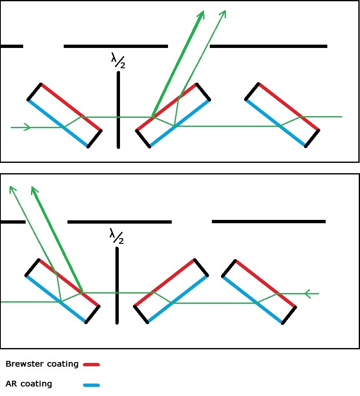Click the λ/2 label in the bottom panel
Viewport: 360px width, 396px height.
click(x=116, y=236)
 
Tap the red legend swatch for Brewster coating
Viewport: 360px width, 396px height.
click(x=91, y=365)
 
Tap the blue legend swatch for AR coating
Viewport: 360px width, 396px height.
click(x=91, y=385)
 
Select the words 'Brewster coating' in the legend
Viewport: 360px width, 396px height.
click(x=42, y=364)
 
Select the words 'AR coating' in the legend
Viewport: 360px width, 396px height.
click(x=29, y=384)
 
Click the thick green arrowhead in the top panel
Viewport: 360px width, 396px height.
click(x=201, y=15)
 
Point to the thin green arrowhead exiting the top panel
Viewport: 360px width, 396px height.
click(x=224, y=13)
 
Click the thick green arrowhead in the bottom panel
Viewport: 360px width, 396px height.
click(x=34, y=191)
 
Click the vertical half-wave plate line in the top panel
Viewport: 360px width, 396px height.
click(x=118, y=110)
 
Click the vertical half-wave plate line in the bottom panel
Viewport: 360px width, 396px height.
click(x=117, y=285)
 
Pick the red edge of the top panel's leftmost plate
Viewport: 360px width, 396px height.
click(x=71, y=107)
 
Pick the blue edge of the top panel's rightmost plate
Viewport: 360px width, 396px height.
click(x=276, y=123)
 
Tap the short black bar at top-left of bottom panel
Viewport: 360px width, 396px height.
click(x=12, y=222)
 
